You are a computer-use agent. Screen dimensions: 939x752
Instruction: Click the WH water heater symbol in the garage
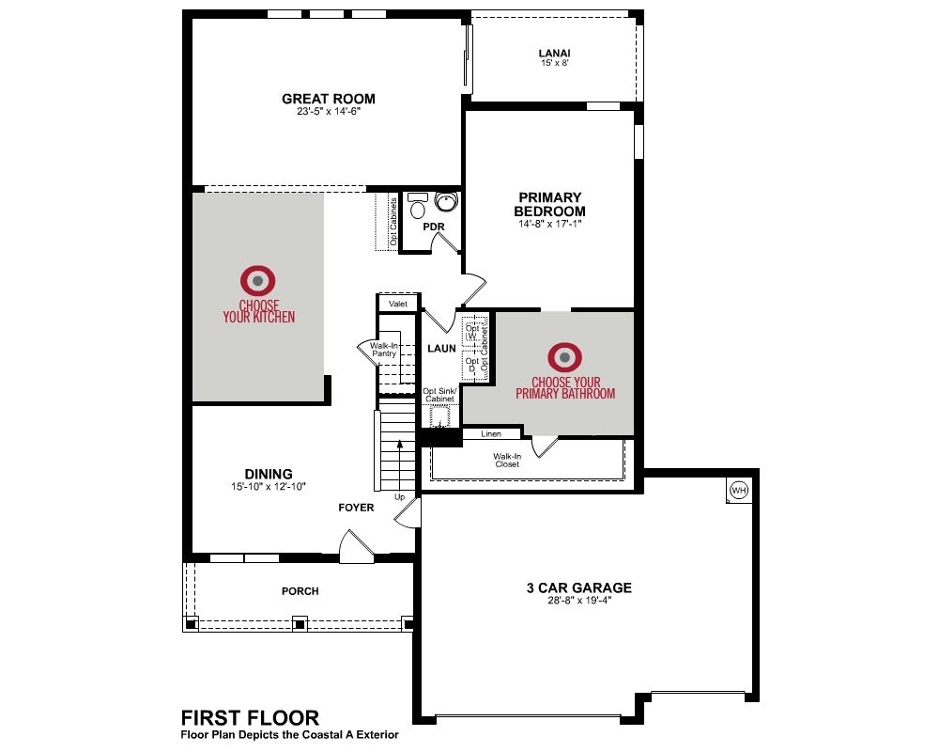(x=738, y=491)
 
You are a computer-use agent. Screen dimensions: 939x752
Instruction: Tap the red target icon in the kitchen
(x=258, y=281)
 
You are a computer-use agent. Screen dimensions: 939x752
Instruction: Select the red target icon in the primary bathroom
(x=564, y=357)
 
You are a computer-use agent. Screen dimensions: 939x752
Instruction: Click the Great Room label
(x=329, y=99)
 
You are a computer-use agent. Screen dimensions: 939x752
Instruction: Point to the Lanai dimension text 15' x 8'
(x=555, y=63)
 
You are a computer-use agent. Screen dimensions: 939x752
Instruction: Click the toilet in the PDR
(x=417, y=206)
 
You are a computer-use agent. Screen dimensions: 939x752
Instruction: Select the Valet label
(x=398, y=304)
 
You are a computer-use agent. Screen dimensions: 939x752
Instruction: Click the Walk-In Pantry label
(x=384, y=350)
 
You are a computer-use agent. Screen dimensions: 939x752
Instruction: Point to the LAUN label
(x=441, y=349)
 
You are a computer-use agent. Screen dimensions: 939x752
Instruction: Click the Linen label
(x=491, y=433)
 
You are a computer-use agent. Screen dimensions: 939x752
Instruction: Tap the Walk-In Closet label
(x=507, y=460)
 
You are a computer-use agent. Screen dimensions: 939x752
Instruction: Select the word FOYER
(x=356, y=508)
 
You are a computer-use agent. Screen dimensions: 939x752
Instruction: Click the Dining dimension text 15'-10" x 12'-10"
(x=269, y=487)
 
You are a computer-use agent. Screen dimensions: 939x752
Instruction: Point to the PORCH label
(x=300, y=591)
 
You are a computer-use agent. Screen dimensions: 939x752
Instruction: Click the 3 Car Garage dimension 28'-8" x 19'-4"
(x=579, y=601)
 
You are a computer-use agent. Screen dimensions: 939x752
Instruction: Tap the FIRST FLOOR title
(x=251, y=718)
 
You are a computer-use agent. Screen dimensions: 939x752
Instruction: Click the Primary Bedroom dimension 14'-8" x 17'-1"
(x=550, y=225)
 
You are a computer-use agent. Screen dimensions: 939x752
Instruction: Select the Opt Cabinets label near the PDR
(x=393, y=222)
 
